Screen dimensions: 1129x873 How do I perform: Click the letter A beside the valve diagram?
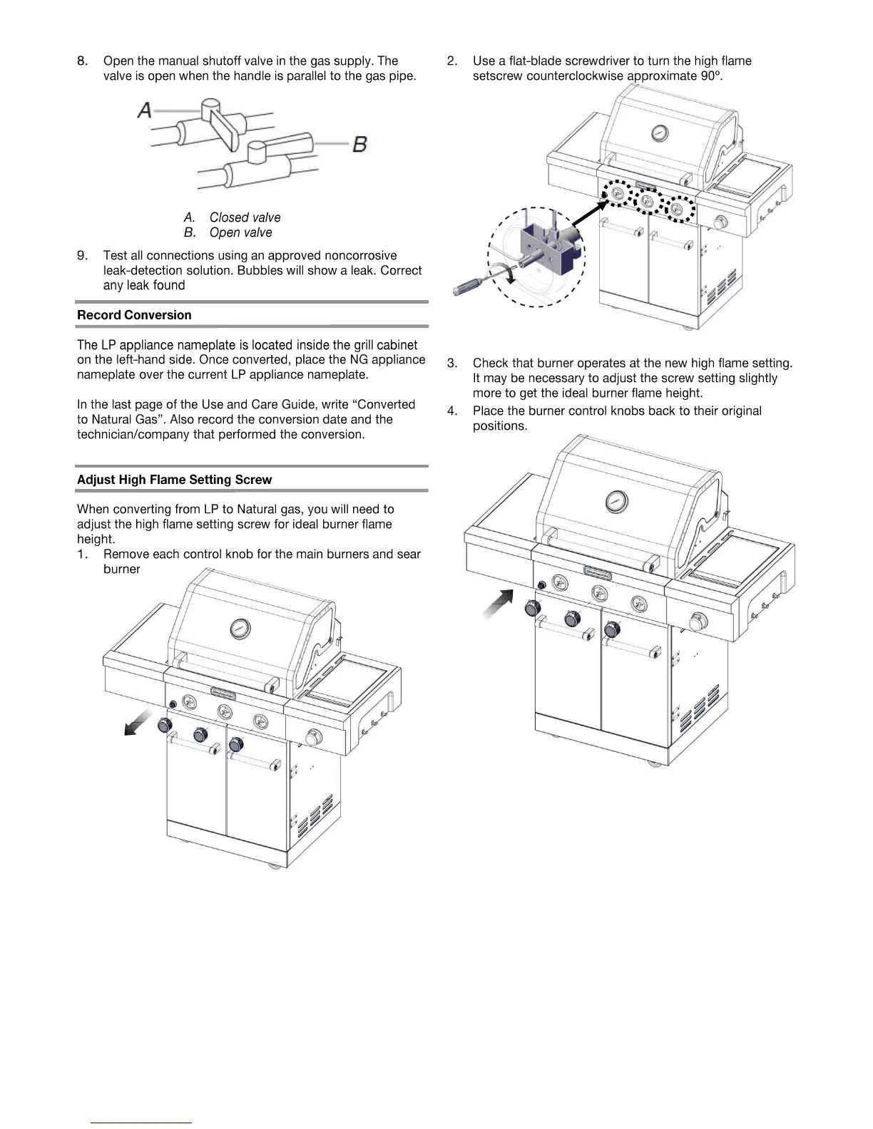pos(145,110)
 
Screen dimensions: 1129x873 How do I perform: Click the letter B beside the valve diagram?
pos(360,144)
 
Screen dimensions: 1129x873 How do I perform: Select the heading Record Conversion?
pos(134,315)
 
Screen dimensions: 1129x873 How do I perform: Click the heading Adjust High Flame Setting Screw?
pos(174,480)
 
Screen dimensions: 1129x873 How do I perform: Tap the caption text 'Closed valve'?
pos(245,217)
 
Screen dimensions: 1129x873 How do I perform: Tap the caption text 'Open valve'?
pos(240,232)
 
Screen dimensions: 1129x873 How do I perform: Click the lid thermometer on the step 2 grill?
pos(660,133)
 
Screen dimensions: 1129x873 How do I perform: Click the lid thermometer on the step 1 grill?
pos(240,629)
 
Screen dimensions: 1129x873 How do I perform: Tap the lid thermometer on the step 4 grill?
pos(615,501)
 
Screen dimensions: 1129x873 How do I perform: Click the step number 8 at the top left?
pos(82,61)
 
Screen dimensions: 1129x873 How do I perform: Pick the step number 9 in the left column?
pos(82,255)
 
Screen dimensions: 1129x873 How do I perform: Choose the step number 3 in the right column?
pos(451,364)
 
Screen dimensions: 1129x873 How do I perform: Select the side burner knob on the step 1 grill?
pos(312,737)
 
